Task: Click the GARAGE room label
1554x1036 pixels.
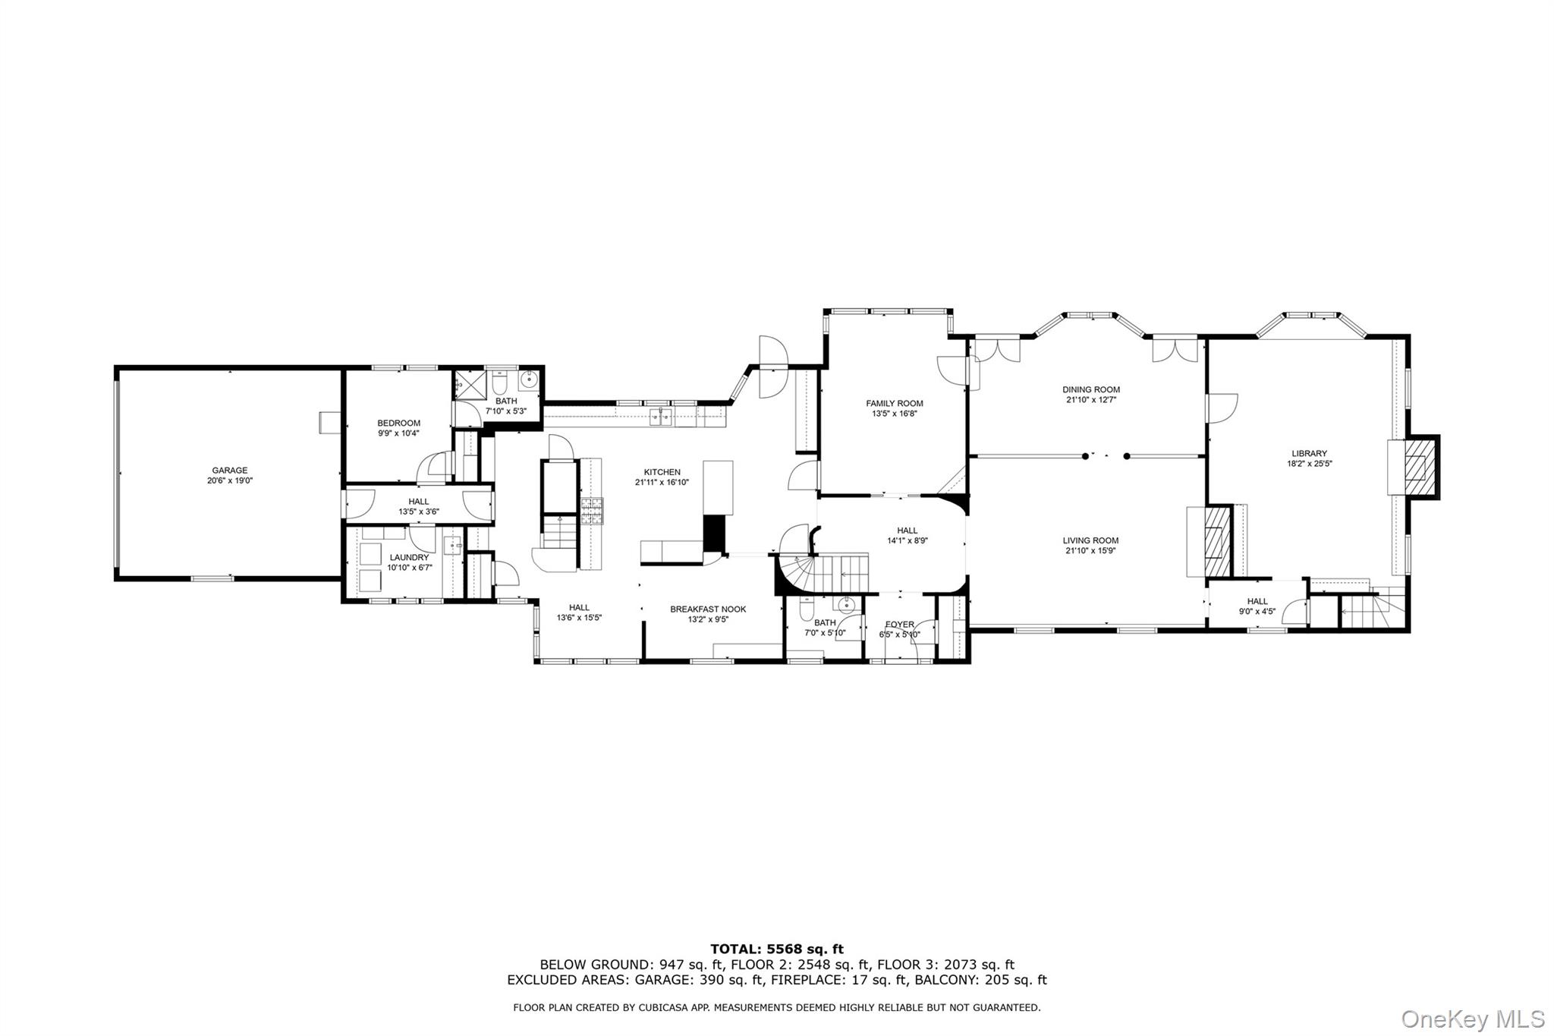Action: pos(229,471)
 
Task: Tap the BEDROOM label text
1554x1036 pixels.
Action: pos(398,424)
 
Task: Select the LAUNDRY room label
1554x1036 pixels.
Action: pos(409,557)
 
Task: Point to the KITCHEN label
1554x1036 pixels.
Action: pos(662,472)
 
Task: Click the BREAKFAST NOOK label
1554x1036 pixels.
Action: pos(707,609)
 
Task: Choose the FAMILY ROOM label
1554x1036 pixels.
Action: pos(895,404)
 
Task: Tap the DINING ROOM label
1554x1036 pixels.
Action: pos(1090,390)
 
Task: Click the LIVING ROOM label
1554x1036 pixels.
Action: pos(1090,541)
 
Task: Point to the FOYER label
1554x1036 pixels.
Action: pos(899,625)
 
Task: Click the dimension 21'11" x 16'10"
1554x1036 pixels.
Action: pos(662,482)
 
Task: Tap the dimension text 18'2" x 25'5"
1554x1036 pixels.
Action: pos(1310,464)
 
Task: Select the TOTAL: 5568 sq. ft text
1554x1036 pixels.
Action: pos(776,949)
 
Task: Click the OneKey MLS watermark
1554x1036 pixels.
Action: pos(1472,1019)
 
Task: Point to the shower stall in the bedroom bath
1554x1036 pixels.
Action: pos(463,386)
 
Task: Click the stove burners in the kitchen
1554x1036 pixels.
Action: pos(591,511)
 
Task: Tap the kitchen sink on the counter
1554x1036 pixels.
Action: pos(661,417)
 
